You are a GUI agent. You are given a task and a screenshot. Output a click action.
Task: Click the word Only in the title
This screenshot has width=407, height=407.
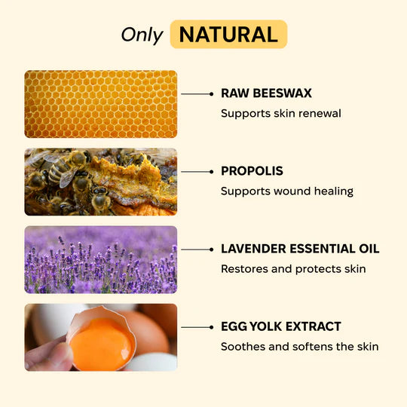click(142, 35)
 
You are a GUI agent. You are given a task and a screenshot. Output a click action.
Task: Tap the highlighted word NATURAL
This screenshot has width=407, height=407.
click(228, 35)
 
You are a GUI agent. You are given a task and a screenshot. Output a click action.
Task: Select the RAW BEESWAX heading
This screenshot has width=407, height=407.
click(266, 93)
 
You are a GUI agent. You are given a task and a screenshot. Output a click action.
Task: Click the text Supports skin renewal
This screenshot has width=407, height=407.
click(280, 113)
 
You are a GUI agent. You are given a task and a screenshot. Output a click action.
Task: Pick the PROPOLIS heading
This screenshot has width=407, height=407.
click(252, 171)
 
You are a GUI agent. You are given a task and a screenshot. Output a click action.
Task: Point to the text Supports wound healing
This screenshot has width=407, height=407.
click(286, 191)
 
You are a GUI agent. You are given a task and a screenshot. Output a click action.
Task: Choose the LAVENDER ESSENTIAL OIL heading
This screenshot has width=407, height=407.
click(300, 249)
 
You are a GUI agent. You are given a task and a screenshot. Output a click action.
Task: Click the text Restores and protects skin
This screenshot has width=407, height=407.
click(293, 268)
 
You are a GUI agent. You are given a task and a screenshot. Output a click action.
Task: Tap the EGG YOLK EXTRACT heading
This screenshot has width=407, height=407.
click(280, 326)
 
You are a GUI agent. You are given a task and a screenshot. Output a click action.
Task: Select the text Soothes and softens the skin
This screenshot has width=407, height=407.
click(299, 346)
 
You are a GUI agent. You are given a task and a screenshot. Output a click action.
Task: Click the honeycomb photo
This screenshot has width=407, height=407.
click(101, 104)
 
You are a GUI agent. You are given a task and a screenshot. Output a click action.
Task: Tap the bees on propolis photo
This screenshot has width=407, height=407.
click(101, 182)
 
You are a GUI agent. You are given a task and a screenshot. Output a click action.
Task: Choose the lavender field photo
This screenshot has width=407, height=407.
click(101, 259)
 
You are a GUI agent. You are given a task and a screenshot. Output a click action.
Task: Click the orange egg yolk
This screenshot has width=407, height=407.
click(103, 342)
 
